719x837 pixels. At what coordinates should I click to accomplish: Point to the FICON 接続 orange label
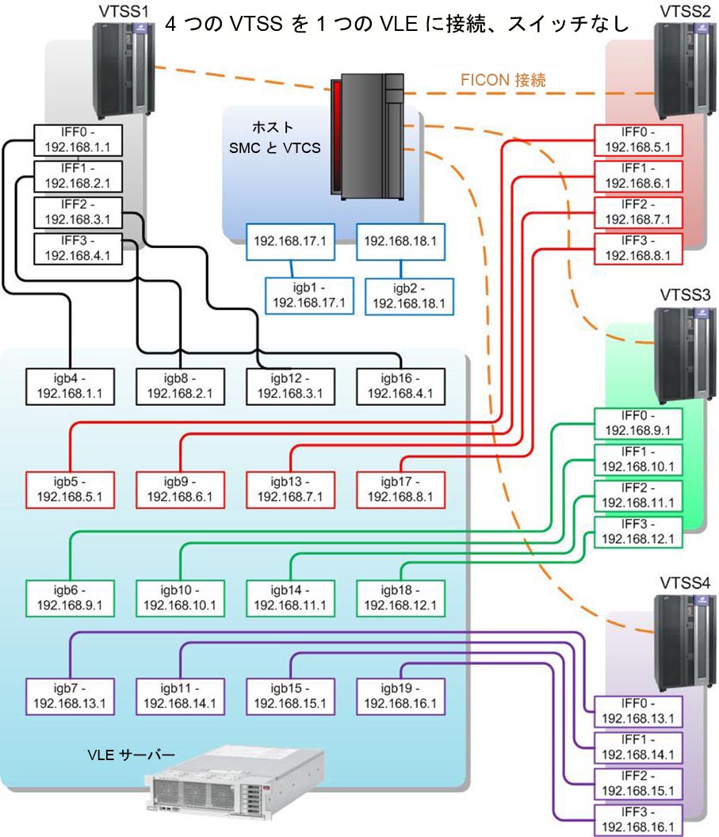503,80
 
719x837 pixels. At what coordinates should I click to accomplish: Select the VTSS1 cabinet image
122,69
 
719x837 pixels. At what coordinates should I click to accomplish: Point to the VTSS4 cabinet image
679,642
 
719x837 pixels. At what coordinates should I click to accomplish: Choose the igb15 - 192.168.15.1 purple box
289,694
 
